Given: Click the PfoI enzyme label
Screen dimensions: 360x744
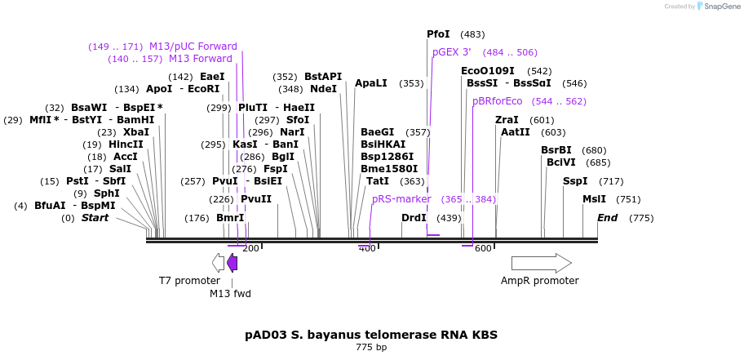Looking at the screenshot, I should tap(438, 34).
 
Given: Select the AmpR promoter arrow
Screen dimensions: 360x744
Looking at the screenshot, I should tap(541, 263).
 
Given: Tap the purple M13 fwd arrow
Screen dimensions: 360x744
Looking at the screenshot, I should tap(232, 263).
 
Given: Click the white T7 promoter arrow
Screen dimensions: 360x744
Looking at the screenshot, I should tap(218, 263).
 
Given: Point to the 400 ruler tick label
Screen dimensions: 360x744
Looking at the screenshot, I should tap(367, 249).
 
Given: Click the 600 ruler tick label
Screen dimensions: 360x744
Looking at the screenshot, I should tap(483, 249).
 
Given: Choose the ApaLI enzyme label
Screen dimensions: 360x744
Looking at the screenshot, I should tap(371, 83).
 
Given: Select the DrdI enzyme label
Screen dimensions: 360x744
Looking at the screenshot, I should tap(414, 218).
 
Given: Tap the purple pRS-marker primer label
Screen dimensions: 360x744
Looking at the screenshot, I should tap(401, 199).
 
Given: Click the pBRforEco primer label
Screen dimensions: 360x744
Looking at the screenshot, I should tap(497, 101).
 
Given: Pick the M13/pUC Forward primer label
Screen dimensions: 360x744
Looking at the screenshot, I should tap(193, 47).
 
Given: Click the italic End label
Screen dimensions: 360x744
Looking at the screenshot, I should tap(607, 218).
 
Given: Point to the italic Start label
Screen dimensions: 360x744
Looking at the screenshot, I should tap(95, 218).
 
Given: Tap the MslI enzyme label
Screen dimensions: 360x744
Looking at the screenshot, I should tap(594, 199).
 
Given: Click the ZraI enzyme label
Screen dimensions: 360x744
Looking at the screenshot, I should tap(507, 120).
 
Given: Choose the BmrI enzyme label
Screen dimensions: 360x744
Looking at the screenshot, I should tap(230, 218).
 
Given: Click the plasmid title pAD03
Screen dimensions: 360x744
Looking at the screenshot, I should tap(371, 335).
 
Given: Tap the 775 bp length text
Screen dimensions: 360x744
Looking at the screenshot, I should tap(371, 348).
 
